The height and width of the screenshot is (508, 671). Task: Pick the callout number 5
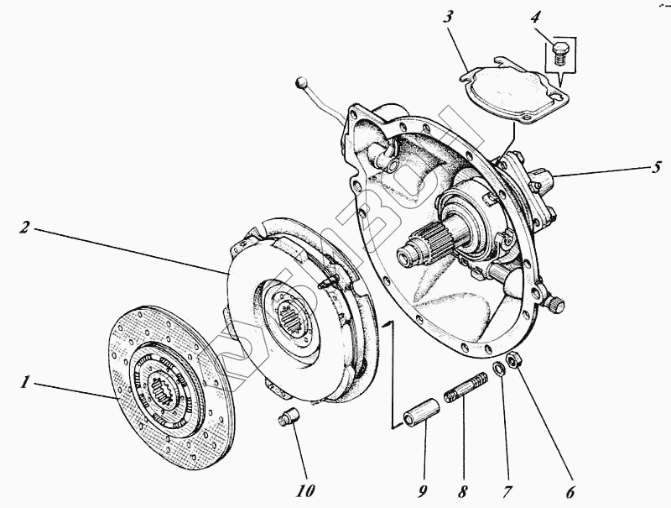click(658, 167)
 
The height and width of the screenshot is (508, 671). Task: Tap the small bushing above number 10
click(288, 416)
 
